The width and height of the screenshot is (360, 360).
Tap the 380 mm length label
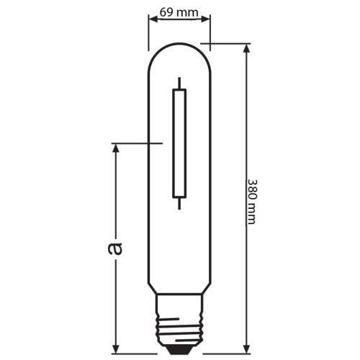click(x=251, y=201)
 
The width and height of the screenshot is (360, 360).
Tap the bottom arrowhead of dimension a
click(x=115, y=343)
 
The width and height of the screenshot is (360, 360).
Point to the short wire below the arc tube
click(x=179, y=204)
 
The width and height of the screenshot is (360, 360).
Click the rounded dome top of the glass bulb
click(x=179, y=50)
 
